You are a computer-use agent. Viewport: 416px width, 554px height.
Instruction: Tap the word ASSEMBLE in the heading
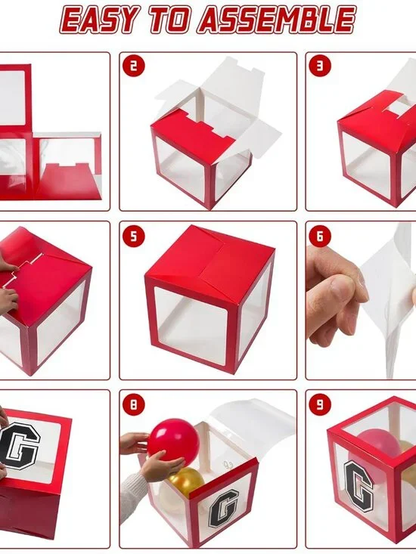(x=277, y=20)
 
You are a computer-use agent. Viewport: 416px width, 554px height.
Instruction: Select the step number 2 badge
(x=133, y=67)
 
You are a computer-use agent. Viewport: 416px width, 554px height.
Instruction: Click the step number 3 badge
(x=320, y=67)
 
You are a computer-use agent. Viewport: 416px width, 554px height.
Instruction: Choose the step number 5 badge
(x=133, y=236)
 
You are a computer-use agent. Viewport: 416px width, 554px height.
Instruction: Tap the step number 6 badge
(x=320, y=236)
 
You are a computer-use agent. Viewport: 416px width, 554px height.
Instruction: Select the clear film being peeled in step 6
(x=390, y=302)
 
